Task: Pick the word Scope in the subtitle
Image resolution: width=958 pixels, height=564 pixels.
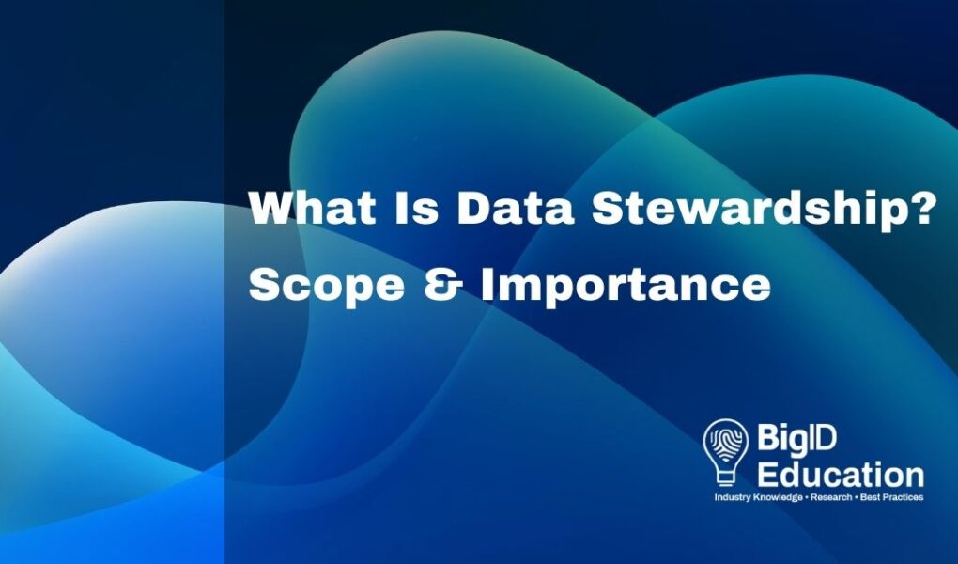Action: tap(326, 286)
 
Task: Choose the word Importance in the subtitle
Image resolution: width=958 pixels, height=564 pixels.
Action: tap(626, 286)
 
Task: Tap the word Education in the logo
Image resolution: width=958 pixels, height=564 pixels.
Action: tap(841, 475)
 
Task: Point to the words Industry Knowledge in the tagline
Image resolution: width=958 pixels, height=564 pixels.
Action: tap(758, 497)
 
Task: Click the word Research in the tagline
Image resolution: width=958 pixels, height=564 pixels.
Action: tap(831, 497)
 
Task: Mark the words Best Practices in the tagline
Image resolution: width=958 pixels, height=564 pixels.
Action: tap(891, 497)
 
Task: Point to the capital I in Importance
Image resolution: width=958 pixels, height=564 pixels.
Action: tap(488, 285)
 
